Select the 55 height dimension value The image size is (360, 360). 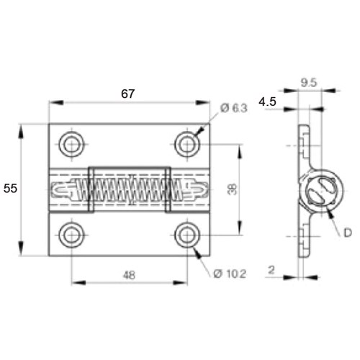pos(11,188)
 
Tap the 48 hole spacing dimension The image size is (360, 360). pos(130,275)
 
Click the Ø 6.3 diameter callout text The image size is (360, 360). pos(234,108)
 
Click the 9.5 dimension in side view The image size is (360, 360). pos(308,82)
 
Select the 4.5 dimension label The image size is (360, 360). pos(268,102)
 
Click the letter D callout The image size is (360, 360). pos(348,233)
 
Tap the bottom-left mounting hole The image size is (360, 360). pos(71,234)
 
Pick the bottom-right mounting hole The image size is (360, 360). pos(186,234)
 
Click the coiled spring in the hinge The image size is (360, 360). pos(130,190)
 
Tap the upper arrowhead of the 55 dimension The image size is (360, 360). pos(22,128)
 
